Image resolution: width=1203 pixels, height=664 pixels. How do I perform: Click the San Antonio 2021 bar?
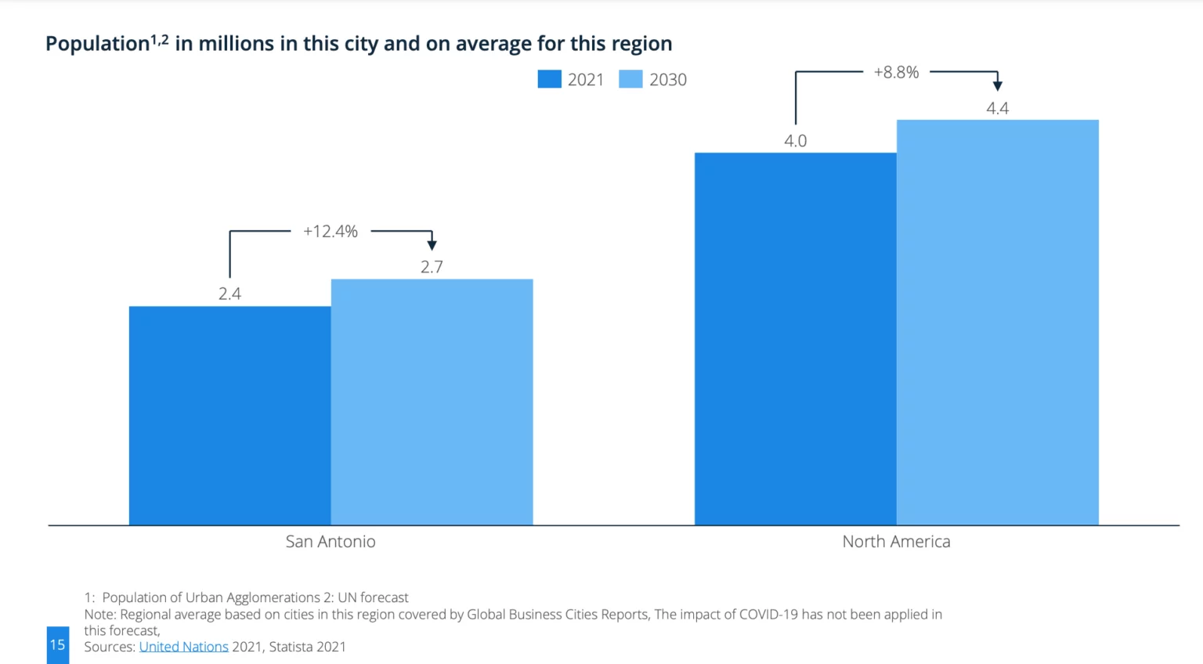coord(229,415)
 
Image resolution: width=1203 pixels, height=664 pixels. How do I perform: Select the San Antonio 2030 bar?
coord(432,402)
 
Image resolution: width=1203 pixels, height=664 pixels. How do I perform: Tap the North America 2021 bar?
coord(795,338)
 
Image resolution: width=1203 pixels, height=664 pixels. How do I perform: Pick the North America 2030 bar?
coord(997,322)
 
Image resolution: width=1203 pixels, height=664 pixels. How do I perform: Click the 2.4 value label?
coord(229,294)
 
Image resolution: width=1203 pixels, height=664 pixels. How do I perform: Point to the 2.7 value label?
coord(432,267)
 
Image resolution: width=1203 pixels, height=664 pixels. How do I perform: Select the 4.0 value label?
coord(795,141)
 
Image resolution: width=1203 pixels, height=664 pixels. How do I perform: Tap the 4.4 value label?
coord(997,108)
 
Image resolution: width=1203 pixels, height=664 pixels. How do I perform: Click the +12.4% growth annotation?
coord(331,231)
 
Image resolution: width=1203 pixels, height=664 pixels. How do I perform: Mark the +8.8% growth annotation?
coord(896,72)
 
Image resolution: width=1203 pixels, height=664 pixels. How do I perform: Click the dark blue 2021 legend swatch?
coord(549,79)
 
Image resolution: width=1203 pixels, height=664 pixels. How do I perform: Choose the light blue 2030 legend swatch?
coord(630,79)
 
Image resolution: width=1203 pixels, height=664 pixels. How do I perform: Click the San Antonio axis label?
coord(331,541)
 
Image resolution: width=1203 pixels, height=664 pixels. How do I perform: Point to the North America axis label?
coord(896,541)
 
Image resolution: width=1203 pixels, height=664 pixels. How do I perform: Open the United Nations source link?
coord(183,647)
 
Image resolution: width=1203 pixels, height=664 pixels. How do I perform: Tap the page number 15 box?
coord(57,644)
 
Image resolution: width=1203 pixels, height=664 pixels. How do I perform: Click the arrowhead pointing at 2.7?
coord(432,245)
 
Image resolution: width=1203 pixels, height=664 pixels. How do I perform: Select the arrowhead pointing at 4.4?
coord(997,85)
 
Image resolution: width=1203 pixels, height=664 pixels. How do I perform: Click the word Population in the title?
coord(97,44)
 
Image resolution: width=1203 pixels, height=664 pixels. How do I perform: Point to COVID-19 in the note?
coord(768,615)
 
